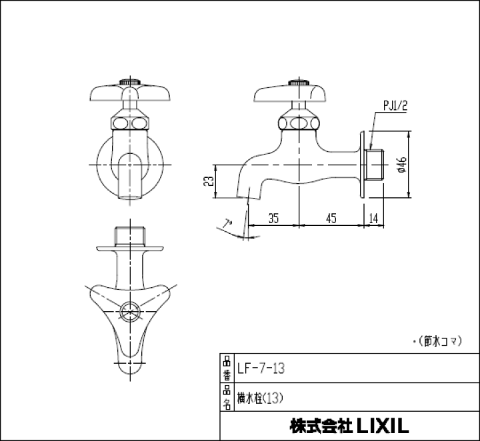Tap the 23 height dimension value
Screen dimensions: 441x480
pos(209,181)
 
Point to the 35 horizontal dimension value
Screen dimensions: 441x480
pos(273,217)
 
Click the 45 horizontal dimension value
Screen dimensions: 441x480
pos(331,217)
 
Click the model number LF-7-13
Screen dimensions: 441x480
pos(261,368)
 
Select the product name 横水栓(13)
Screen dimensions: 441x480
pos(261,398)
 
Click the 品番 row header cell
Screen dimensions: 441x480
pos(227,368)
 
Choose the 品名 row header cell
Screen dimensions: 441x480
pos(227,398)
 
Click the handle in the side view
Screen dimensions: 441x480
pos(293,93)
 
